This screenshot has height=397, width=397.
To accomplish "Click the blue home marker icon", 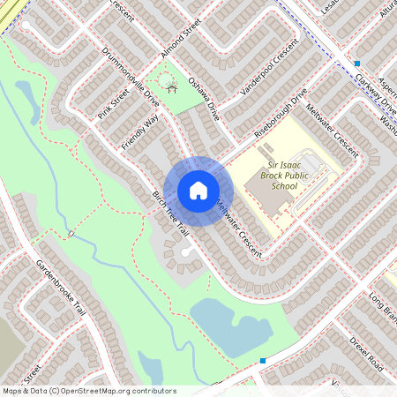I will click(198, 191).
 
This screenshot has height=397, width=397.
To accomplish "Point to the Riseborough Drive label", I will click(281, 111).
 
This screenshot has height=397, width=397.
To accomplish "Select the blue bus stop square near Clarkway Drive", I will click(357, 64).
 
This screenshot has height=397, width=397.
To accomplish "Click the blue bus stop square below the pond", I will click(263, 361).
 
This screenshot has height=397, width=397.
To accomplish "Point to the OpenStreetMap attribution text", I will click(88, 390).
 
